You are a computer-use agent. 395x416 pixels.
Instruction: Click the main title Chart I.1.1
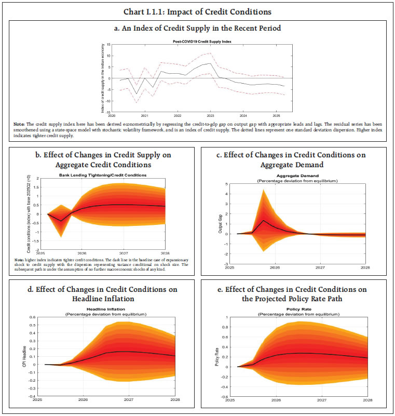click(197, 10)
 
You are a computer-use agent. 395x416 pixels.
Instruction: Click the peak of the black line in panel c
click(264, 221)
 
